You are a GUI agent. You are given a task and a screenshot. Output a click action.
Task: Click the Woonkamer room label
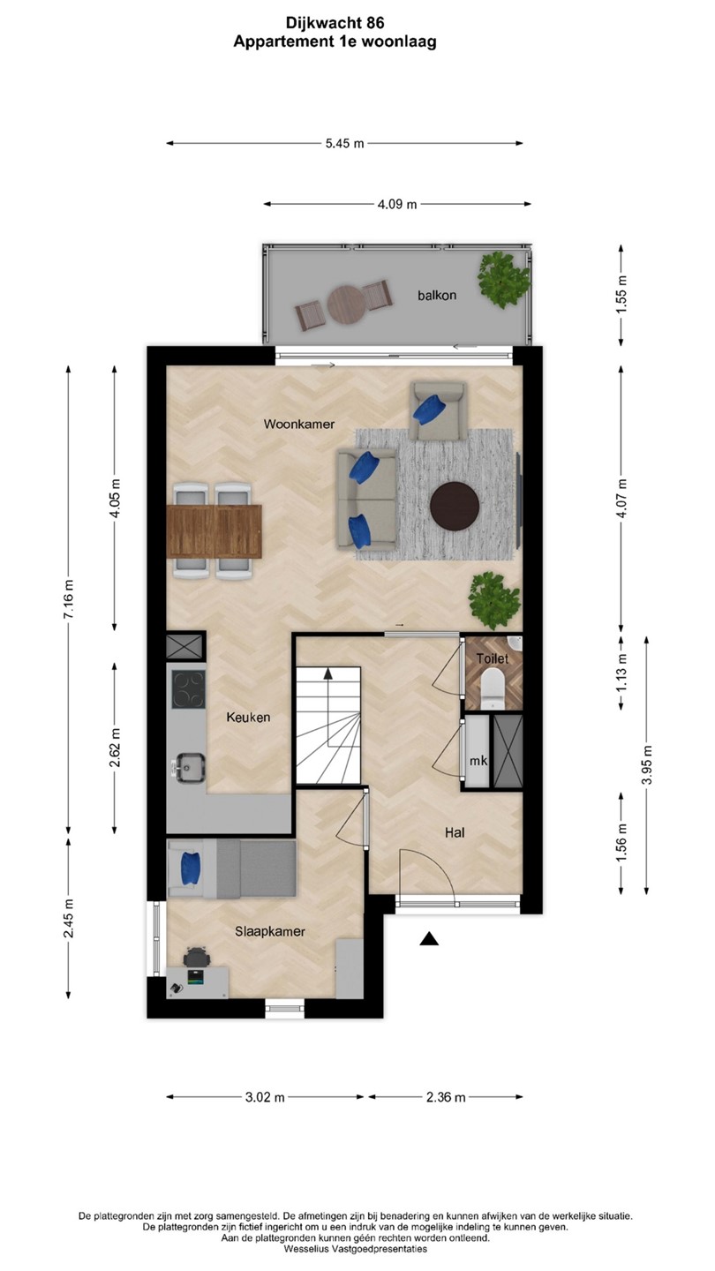[x=299, y=424]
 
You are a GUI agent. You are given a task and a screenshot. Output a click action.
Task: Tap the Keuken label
[x=248, y=718]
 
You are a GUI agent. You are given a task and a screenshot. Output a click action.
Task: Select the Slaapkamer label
[x=270, y=932]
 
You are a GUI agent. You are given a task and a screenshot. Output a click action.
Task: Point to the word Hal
[x=455, y=832]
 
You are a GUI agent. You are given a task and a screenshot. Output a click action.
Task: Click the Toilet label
[x=492, y=658]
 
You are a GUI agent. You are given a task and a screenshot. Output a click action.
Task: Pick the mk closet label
[x=478, y=761]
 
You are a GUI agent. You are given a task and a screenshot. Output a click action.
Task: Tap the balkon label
[x=437, y=295]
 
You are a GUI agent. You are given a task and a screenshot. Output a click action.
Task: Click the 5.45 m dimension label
[x=344, y=144]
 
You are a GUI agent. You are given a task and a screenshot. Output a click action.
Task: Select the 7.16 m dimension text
[x=69, y=599]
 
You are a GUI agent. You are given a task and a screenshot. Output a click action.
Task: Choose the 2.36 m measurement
[x=446, y=1097]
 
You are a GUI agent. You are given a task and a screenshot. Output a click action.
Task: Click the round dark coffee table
[x=455, y=506]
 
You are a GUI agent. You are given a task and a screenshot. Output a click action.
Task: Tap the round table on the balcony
[x=344, y=305]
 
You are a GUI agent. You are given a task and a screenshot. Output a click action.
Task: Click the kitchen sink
[x=189, y=768]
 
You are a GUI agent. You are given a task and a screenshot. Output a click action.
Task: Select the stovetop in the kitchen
[x=188, y=689]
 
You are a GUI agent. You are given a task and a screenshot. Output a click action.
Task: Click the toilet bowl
[x=492, y=688]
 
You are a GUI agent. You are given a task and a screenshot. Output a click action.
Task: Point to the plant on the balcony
[x=503, y=281]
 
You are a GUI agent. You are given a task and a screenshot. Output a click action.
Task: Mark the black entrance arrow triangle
[x=430, y=939]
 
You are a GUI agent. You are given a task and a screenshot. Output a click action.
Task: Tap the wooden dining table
[x=215, y=531]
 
